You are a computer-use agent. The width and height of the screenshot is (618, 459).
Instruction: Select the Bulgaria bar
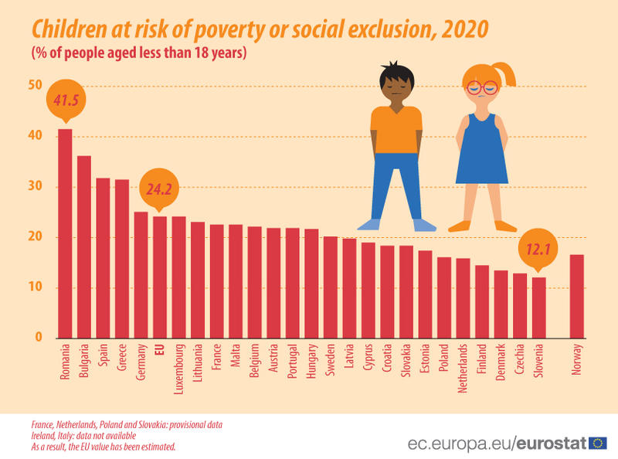(x=84, y=247)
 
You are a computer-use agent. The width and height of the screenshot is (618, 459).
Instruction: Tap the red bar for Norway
(x=576, y=297)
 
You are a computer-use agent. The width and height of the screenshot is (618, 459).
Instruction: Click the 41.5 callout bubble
(x=66, y=100)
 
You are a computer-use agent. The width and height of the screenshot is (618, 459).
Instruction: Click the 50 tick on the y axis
(x=35, y=85)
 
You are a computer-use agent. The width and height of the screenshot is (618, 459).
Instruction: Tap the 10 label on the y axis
(x=35, y=288)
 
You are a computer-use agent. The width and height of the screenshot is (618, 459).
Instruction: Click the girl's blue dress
(x=482, y=151)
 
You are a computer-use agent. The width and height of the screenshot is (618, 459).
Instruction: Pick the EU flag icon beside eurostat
(x=597, y=443)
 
